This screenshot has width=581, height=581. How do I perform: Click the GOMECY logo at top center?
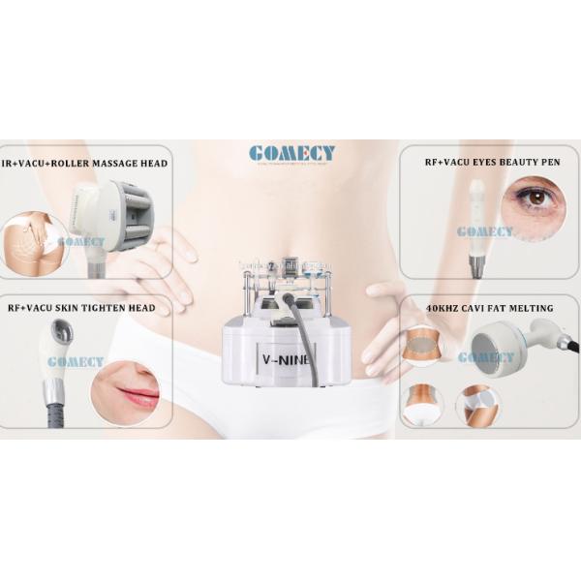[291, 154]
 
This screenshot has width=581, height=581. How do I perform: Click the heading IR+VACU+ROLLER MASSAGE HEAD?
[84, 164]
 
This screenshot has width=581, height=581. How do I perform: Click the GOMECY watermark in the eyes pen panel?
[485, 232]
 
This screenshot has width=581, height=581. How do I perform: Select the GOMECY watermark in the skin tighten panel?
[75, 362]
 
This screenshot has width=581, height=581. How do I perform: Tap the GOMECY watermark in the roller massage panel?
[81, 242]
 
